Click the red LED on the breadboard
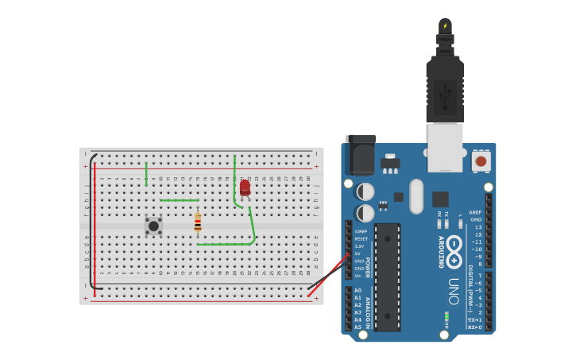(x=245, y=188)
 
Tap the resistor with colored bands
(x=198, y=223)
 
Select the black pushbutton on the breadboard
(x=153, y=226)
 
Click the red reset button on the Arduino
(x=480, y=161)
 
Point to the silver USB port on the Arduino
(x=445, y=147)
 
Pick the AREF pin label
(x=475, y=212)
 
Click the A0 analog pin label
(x=358, y=290)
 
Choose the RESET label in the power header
(x=361, y=238)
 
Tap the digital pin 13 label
(x=477, y=227)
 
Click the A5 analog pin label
(x=358, y=327)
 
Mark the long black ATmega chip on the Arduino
(x=387, y=277)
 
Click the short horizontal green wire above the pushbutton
(x=180, y=200)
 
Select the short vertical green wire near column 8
(x=146, y=174)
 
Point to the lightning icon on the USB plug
(x=445, y=25)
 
